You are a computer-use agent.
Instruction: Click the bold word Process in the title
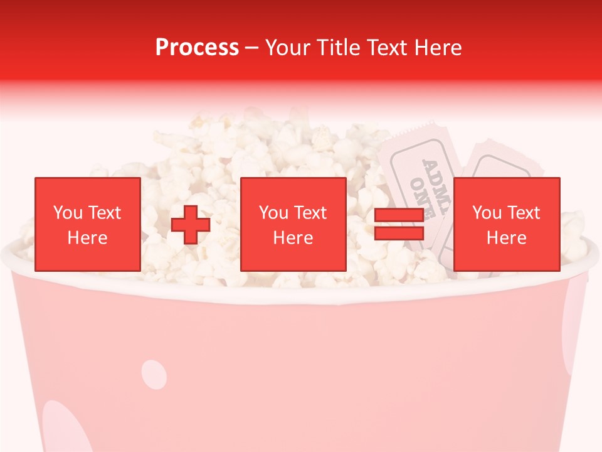tap(197, 48)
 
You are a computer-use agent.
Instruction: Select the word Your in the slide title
tap(287, 48)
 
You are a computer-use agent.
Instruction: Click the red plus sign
tap(191, 225)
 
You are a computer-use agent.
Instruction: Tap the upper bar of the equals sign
tap(399, 215)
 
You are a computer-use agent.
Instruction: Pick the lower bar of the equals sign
tap(399, 234)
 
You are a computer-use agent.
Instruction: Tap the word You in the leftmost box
tap(68, 213)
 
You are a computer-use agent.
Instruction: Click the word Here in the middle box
tap(293, 238)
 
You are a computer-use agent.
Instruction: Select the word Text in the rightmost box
tap(524, 213)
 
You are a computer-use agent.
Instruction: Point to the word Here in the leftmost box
tap(87, 238)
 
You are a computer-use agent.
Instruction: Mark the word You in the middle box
tap(273, 213)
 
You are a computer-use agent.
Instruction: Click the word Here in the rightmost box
tap(506, 238)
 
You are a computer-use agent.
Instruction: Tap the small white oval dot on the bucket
tap(154, 374)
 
